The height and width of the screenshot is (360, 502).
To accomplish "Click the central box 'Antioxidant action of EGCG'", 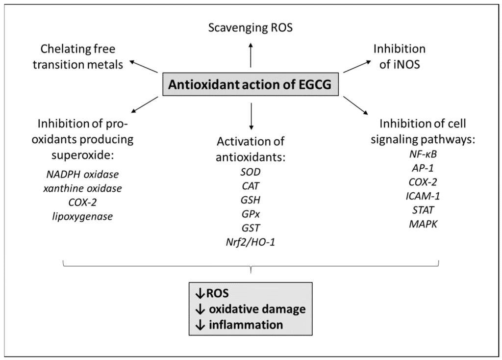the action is tap(251, 84).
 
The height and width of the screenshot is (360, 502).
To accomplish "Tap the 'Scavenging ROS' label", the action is tap(251, 28).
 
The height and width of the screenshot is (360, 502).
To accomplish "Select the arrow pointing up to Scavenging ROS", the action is tap(251, 55).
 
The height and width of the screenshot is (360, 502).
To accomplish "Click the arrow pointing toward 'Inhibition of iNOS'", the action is tap(357, 67).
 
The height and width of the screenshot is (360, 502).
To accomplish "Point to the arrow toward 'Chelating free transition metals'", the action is tap(144, 67).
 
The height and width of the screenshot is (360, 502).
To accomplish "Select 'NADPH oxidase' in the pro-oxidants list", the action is tap(82, 174).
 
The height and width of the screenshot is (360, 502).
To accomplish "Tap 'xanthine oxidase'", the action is tap(82, 188).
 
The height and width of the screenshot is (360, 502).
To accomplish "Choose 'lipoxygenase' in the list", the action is tap(82, 217).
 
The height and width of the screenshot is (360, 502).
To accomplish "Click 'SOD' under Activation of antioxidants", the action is tap(251, 172).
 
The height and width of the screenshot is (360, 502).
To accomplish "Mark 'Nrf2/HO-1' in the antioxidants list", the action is tap(251, 242).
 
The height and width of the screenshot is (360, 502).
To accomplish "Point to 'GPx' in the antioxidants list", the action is tap(251, 214).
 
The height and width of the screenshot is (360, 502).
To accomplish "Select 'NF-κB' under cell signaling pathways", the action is tap(423, 154).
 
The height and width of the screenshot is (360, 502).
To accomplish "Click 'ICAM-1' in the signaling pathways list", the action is tap(423, 196).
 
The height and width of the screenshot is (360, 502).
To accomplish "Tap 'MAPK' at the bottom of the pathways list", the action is tap(423, 224).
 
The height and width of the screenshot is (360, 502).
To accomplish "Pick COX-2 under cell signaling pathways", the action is tap(423, 182).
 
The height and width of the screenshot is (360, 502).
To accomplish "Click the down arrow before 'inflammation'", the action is tap(200, 325).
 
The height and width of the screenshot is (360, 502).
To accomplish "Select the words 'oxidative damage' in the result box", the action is tap(257, 309).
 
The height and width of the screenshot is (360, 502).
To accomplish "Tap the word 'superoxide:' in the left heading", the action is tap(82, 155).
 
